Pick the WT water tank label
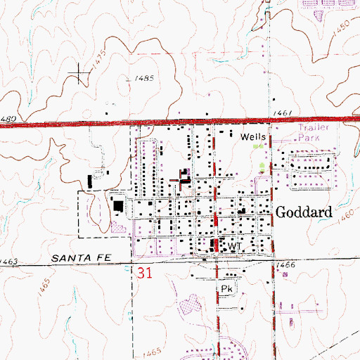point(234,246)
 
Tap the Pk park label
point(226,288)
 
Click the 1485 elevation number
point(142,79)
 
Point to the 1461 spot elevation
point(283,111)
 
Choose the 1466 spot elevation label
point(285,264)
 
